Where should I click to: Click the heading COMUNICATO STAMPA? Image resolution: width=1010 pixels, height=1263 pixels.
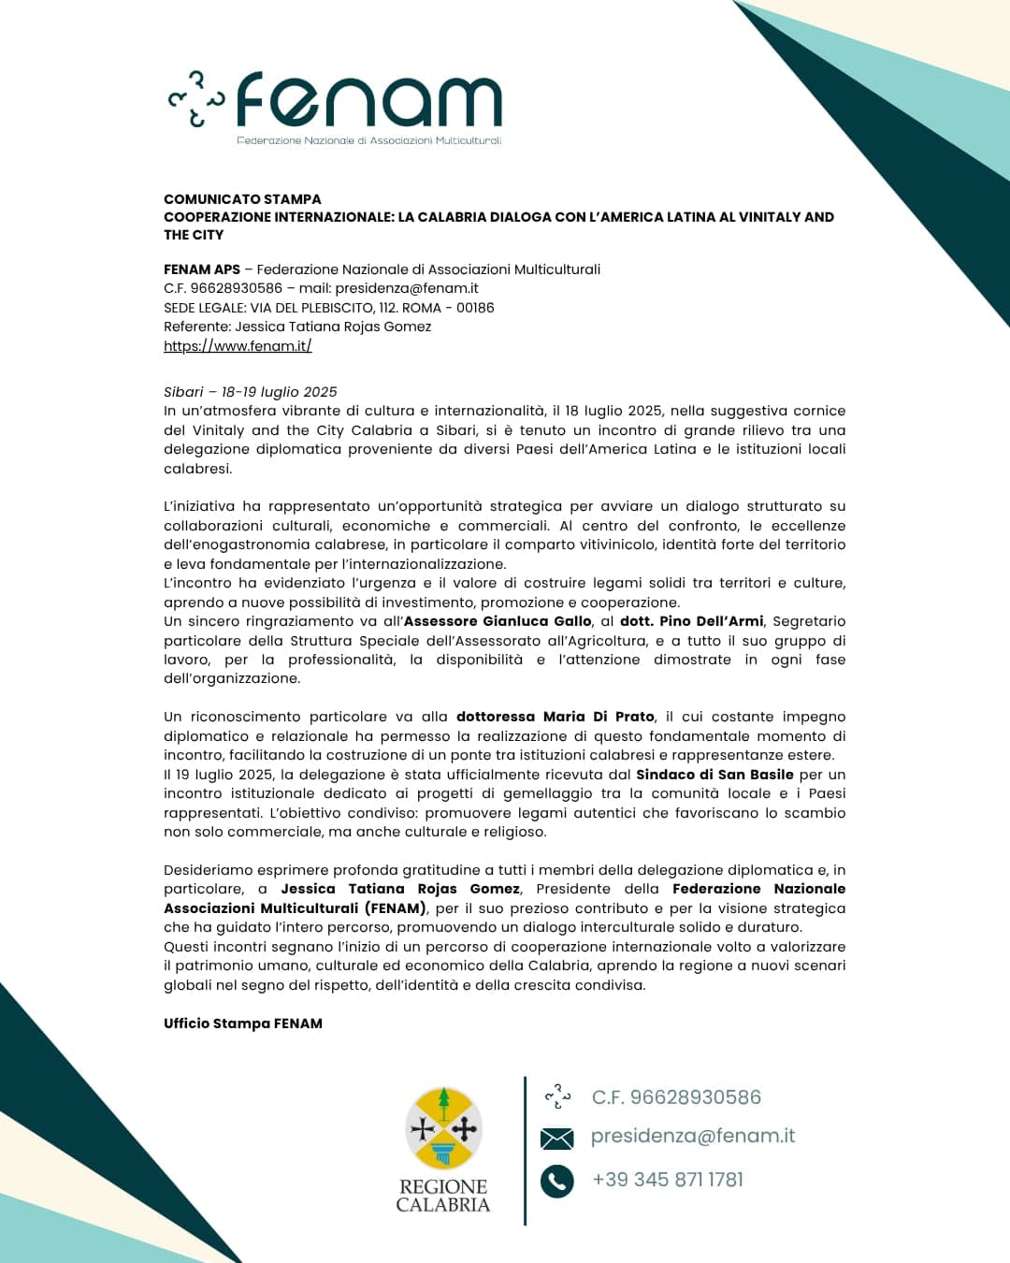click(242, 198)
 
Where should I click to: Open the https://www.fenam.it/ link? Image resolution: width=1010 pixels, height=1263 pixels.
click(238, 346)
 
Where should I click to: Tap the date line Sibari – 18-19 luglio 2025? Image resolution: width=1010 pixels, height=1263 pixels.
click(250, 392)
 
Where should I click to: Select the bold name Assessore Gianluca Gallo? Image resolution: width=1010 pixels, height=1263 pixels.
click(498, 621)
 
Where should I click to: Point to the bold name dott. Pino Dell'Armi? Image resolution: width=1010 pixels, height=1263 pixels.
click(691, 621)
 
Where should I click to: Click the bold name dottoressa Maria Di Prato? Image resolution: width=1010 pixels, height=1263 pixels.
click(555, 717)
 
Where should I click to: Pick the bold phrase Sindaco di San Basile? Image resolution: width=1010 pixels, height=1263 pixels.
click(714, 775)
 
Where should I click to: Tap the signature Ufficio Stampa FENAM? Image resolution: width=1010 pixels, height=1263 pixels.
click(243, 1023)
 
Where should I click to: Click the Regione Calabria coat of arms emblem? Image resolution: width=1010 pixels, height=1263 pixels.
click(443, 1128)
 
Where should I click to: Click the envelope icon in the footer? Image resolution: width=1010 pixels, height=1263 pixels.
click(556, 1138)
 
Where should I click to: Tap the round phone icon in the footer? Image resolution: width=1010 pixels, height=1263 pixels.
click(556, 1181)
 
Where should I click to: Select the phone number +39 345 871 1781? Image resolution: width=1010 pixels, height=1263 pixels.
click(668, 1180)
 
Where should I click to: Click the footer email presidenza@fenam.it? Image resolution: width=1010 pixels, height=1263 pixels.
click(693, 1136)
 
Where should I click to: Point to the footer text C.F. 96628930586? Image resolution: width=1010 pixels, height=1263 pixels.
click(676, 1097)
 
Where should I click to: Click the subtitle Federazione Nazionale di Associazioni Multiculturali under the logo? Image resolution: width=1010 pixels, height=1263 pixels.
click(368, 140)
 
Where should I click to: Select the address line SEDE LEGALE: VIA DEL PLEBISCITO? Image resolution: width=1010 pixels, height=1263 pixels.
click(329, 308)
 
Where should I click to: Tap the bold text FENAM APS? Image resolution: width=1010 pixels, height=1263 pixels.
click(202, 269)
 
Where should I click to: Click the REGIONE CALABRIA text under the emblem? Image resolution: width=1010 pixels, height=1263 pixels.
click(443, 1196)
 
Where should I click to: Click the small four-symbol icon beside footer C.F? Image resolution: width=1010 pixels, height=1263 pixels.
click(557, 1096)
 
